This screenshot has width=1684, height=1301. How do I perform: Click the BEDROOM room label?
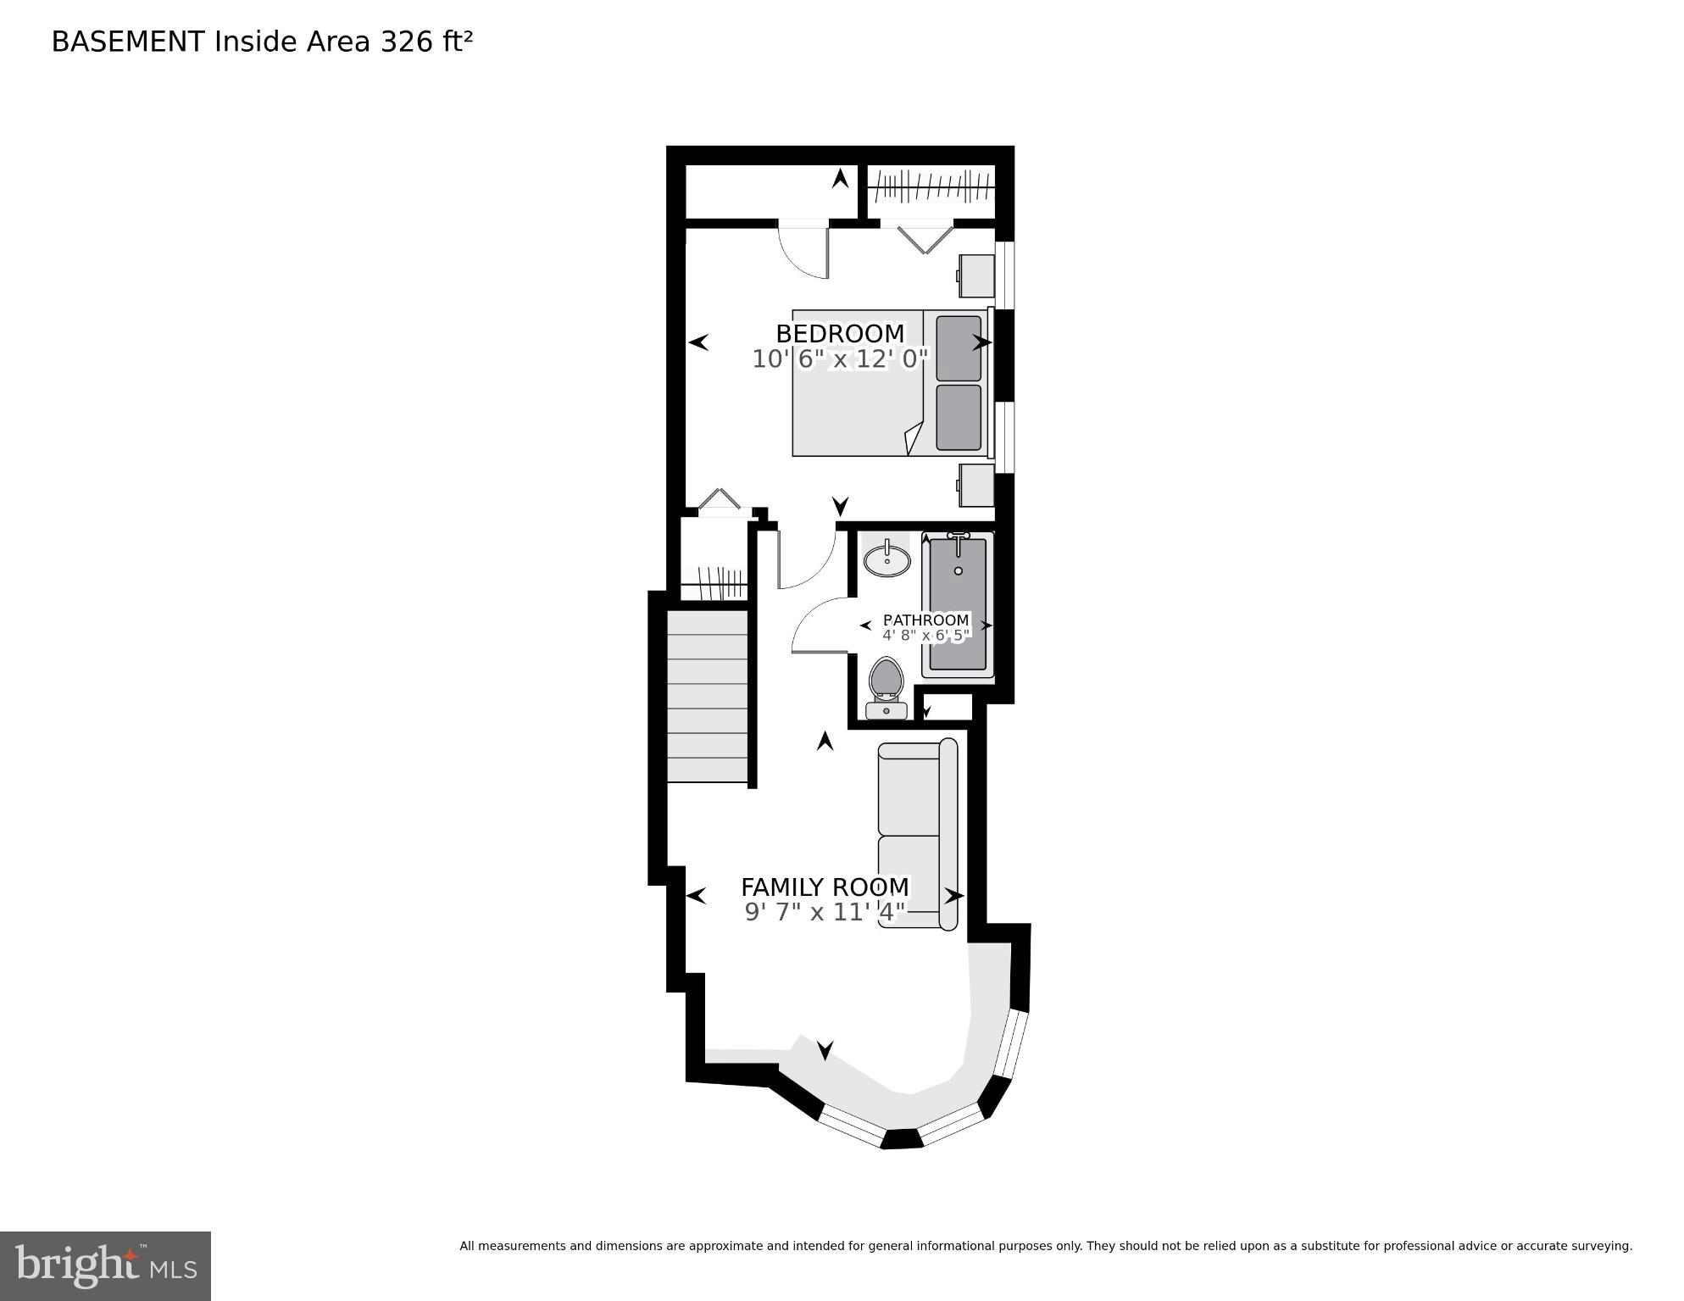click(839, 333)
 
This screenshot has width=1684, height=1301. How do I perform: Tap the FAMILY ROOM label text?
click(825, 887)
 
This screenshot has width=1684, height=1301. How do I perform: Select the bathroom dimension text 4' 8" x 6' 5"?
click(925, 636)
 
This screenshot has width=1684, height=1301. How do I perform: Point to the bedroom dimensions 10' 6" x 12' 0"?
click(840, 359)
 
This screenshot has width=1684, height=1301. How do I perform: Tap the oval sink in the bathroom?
click(887, 560)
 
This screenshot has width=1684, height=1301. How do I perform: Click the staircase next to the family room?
click(708, 696)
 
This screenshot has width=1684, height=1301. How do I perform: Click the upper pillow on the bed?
click(959, 347)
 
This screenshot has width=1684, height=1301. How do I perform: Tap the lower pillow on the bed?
click(959, 418)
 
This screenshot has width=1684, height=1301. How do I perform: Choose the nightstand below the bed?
click(976, 485)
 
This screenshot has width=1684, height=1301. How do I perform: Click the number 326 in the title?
click(407, 42)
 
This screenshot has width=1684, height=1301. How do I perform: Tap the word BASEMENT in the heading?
click(128, 42)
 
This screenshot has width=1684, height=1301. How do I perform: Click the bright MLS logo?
click(105, 1265)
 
